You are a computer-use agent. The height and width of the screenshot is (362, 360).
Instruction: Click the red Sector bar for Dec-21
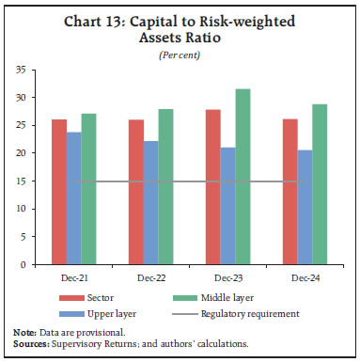pyautogui.click(x=58, y=192)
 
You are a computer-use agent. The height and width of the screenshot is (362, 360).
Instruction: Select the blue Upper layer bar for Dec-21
pyautogui.click(x=73, y=198)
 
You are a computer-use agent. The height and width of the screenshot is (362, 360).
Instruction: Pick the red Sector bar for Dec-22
pyautogui.click(x=136, y=192)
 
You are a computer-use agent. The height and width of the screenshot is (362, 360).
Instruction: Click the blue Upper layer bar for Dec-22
pyautogui.click(x=151, y=203)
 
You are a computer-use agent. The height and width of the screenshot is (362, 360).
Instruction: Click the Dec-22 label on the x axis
pyautogui.click(x=151, y=278)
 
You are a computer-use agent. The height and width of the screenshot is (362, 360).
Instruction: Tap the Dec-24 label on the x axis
pyautogui.click(x=305, y=278)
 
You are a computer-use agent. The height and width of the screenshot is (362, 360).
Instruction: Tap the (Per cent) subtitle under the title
pyautogui.click(x=180, y=55)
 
